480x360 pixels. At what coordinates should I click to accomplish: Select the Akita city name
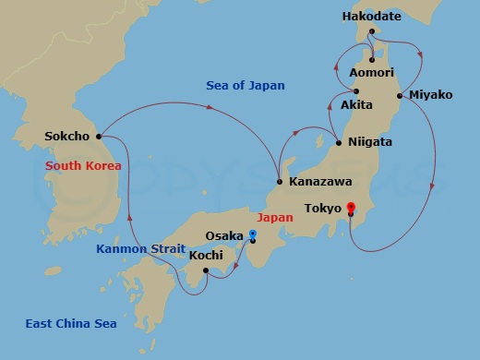click(x=356, y=105)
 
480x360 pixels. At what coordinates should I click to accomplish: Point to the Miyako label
click(x=430, y=95)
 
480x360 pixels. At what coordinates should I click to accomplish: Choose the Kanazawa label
click(x=315, y=182)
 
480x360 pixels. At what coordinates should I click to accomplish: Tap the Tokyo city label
click(x=323, y=209)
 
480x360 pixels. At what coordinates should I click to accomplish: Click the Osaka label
click(x=225, y=235)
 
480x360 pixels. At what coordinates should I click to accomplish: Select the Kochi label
click(x=206, y=255)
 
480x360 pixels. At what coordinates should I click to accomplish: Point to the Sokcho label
click(x=66, y=137)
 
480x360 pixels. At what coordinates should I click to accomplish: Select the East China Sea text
click(x=69, y=322)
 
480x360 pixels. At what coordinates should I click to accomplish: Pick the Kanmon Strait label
click(x=139, y=248)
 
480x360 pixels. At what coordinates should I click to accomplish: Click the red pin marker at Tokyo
click(x=350, y=208)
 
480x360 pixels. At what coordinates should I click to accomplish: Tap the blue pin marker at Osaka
click(x=252, y=235)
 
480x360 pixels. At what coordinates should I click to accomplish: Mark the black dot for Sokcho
click(x=98, y=137)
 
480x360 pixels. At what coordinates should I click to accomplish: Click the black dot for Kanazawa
click(x=279, y=182)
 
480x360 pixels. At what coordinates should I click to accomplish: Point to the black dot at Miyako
click(x=399, y=95)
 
